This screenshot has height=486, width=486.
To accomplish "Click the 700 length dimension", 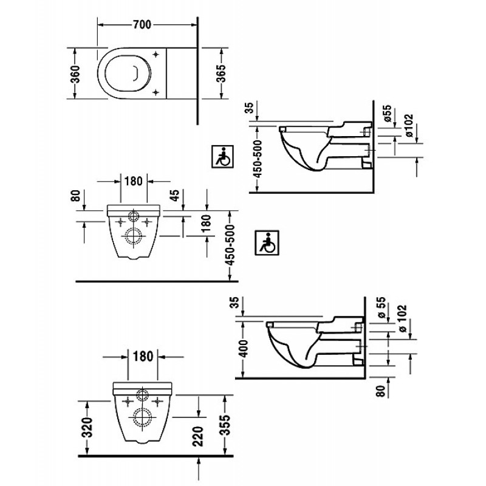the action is (x=142, y=25).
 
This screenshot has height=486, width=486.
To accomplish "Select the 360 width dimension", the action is (x=75, y=74).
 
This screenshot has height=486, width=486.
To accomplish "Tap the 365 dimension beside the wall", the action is (x=221, y=74).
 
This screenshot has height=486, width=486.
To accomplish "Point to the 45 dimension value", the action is (x=175, y=195).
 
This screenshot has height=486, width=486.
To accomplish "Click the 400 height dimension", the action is (x=244, y=348).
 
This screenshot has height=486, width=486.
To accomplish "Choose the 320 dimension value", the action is (x=87, y=428).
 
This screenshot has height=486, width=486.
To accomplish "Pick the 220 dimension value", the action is (x=197, y=436).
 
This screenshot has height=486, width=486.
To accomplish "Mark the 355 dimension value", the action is (x=226, y=425).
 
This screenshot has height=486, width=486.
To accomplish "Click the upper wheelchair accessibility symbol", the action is (x=222, y=157).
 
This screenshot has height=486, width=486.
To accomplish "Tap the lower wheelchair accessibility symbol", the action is (x=267, y=242).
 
